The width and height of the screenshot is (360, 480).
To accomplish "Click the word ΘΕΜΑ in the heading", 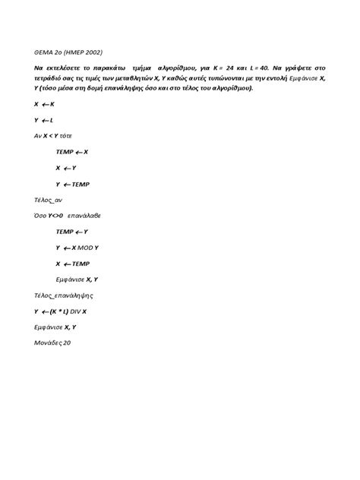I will pyautogui.click(x=44, y=54).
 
